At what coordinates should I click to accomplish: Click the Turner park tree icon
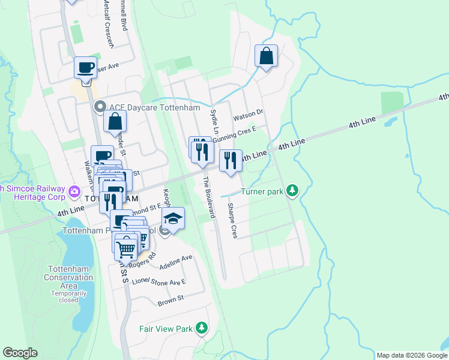click(292, 191)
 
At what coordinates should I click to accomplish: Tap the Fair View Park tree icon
click(202, 328)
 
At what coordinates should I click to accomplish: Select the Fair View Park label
click(165, 329)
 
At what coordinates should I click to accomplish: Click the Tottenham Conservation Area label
click(68, 282)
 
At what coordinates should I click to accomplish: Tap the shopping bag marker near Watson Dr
click(266, 56)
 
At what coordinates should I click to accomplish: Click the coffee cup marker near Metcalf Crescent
click(85, 67)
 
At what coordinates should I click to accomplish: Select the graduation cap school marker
click(173, 219)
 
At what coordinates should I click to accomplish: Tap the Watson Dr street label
click(248, 112)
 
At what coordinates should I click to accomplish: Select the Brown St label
click(170, 299)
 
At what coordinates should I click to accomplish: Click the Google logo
click(20, 353)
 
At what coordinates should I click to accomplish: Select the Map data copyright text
click(411, 355)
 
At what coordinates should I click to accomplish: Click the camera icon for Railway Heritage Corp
click(74, 191)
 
